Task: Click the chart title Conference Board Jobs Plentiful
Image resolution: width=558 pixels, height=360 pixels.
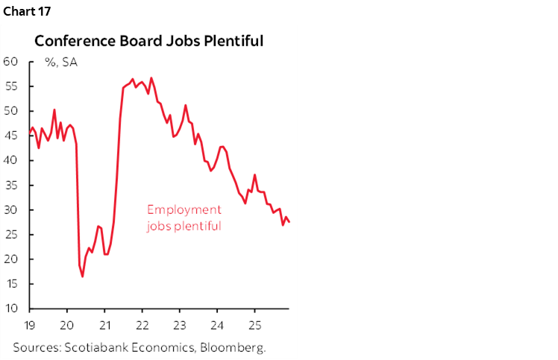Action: [x=148, y=41]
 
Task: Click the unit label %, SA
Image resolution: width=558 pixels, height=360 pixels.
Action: [x=61, y=62]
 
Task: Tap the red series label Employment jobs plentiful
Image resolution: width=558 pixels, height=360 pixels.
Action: [x=184, y=217]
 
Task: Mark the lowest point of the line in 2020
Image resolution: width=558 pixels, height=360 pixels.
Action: [x=82, y=277]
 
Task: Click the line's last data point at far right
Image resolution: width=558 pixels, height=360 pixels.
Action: [x=289, y=222]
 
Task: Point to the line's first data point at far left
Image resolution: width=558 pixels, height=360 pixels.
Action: [x=30, y=133]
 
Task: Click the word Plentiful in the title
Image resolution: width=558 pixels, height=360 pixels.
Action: [x=231, y=41]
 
